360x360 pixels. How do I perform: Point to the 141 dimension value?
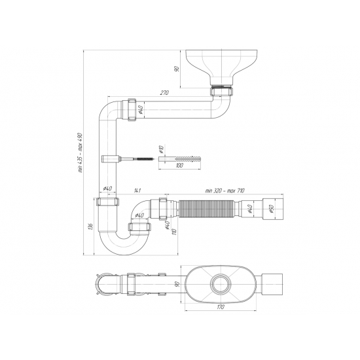click(136, 190)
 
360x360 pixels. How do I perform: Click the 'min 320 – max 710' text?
click(224, 190)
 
